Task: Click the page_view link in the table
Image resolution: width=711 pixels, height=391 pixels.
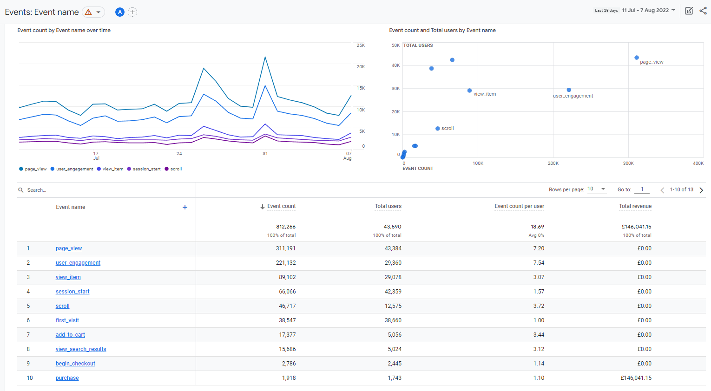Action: pyautogui.click(x=69, y=248)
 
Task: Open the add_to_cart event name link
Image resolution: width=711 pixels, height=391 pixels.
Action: pyautogui.click(x=70, y=335)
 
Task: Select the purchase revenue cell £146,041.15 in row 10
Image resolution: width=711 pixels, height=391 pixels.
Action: pyautogui.click(x=636, y=378)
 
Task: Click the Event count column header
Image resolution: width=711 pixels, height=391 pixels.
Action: pyautogui.click(x=281, y=206)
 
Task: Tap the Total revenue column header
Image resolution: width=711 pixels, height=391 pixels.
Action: pyautogui.click(x=635, y=206)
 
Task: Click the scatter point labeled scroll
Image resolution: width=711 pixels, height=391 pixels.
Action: pyautogui.click(x=437, y=129)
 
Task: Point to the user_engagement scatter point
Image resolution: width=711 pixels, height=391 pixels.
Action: pyautogui.click(x=569, y=90)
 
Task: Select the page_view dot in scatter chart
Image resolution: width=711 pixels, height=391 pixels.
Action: pyautogui.click(x=637, y=58)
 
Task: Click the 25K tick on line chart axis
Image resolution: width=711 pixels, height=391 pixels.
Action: pyautogui.click(x=361, y=46)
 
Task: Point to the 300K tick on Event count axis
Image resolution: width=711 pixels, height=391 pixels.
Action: pyautogui.click(x=628, y=163)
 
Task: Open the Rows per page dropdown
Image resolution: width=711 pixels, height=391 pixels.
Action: pyautogui.click(x=597, y=189)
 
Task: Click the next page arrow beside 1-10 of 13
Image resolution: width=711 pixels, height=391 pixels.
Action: pyautogui.click(x=701, y=190)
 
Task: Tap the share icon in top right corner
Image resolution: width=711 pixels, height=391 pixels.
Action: pyautogui.click(x=703, y=11)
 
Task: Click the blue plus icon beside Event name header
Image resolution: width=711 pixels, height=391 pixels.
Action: pyautogui.click(x=185, y=207)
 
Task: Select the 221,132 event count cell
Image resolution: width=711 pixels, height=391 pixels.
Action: pyautogui.click(x=286, y=263)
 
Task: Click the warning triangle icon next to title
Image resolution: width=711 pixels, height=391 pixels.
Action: pyautogui.click(x=88, y=12)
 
